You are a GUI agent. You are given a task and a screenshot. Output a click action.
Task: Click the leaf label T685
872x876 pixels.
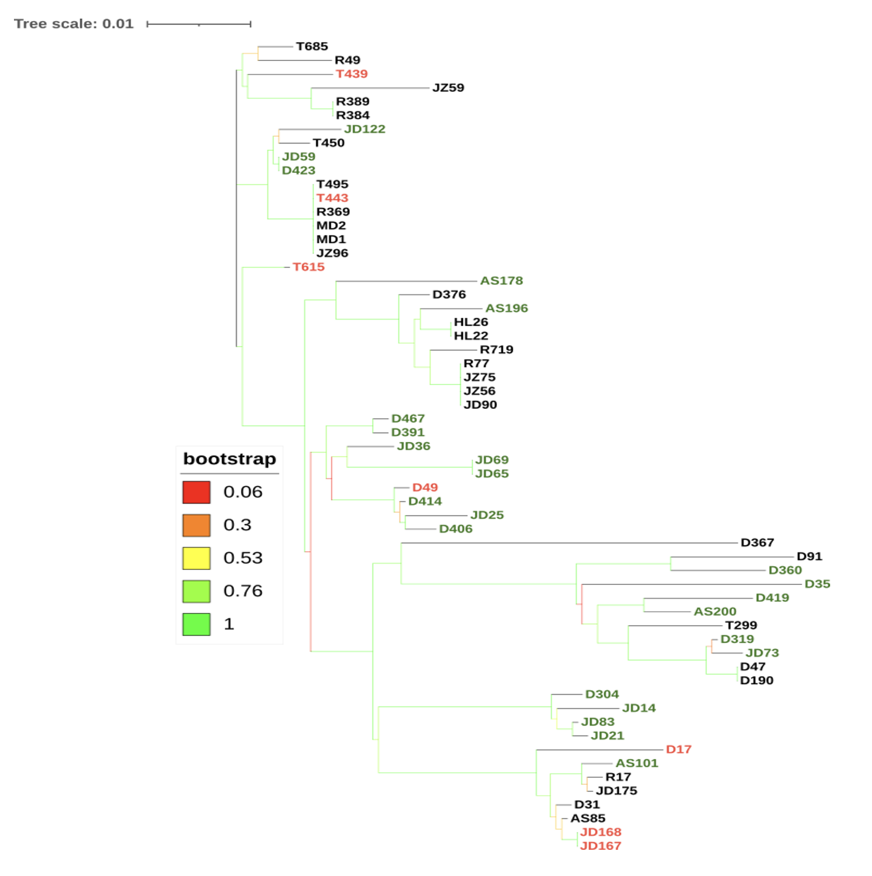click(x=312, y=46)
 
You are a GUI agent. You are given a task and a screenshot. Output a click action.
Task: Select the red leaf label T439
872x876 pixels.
click(x=351, y=74)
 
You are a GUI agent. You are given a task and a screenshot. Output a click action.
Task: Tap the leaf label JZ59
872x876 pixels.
click(x=448, y=88)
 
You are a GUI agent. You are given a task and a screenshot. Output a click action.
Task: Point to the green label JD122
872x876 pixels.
click(x=364, y=129)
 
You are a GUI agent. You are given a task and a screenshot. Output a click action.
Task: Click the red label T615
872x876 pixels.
click(x=308, y=267)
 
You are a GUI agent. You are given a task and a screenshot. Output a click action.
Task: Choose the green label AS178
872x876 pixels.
click(x=501, y=281)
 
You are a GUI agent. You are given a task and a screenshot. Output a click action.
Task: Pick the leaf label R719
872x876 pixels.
click(x=496, y=350)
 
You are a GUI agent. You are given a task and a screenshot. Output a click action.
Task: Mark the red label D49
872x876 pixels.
click(x=424, y=487)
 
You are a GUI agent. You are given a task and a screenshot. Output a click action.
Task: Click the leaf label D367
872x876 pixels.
click(x=757, y=543)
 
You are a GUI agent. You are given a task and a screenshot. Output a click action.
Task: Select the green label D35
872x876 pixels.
click(x=817, y=584)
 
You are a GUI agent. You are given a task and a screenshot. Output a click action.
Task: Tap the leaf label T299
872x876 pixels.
click(x=741, y=625)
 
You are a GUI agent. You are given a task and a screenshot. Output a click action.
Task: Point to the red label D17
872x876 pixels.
click(x=678, y=749)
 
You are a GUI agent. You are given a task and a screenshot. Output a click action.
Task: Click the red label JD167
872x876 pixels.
click(x=600, y=846)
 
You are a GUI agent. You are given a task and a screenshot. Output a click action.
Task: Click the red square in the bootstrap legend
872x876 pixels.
click(x=196, y=492)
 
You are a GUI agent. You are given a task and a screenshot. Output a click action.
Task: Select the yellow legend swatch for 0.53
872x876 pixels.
click(x=196, y=558)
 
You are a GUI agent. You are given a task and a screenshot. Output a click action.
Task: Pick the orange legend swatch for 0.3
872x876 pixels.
click(x=196, y=525)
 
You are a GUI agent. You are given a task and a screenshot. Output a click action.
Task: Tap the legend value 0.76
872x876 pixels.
click(x=242, y=591)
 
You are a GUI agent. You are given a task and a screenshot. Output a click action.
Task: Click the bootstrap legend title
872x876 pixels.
click(x=229, y=459)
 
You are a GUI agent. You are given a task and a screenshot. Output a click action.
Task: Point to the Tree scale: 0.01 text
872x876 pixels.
click(x=74, y=24)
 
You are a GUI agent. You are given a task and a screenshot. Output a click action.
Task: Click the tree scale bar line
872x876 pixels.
click(x=199, y=24)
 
